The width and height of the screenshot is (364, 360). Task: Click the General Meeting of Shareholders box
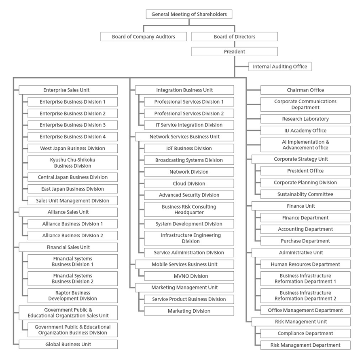189,14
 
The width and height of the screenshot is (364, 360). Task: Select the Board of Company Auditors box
144,36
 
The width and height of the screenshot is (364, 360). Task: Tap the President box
234,51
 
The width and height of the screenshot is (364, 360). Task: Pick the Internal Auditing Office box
280,66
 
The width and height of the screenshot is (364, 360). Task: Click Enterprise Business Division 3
72,125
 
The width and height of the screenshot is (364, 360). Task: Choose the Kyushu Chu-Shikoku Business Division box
72,162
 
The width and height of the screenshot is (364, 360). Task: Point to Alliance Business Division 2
72,235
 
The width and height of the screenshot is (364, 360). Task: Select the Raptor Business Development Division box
72,296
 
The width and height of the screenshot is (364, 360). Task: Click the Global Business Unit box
68,344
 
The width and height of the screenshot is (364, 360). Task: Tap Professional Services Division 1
188,102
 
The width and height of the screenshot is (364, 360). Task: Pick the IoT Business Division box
188,148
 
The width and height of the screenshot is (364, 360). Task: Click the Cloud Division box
188,183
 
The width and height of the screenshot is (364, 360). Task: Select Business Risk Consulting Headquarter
188,209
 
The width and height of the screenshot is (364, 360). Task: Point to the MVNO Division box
188,276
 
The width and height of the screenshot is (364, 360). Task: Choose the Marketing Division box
188,311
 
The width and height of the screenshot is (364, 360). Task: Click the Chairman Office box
305,90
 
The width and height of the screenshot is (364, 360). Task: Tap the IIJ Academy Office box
305,130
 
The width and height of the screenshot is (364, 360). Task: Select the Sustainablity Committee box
305,194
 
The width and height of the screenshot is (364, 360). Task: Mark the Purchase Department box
305,241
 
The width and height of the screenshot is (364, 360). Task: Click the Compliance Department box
305,333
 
